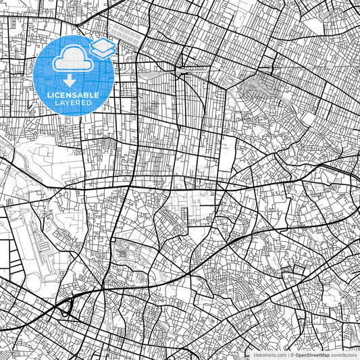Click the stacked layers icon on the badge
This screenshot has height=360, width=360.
[x=102, y=47]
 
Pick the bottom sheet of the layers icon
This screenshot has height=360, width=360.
[x=102, y=52]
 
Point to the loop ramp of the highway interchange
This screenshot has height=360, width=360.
[x=66, y=309]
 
